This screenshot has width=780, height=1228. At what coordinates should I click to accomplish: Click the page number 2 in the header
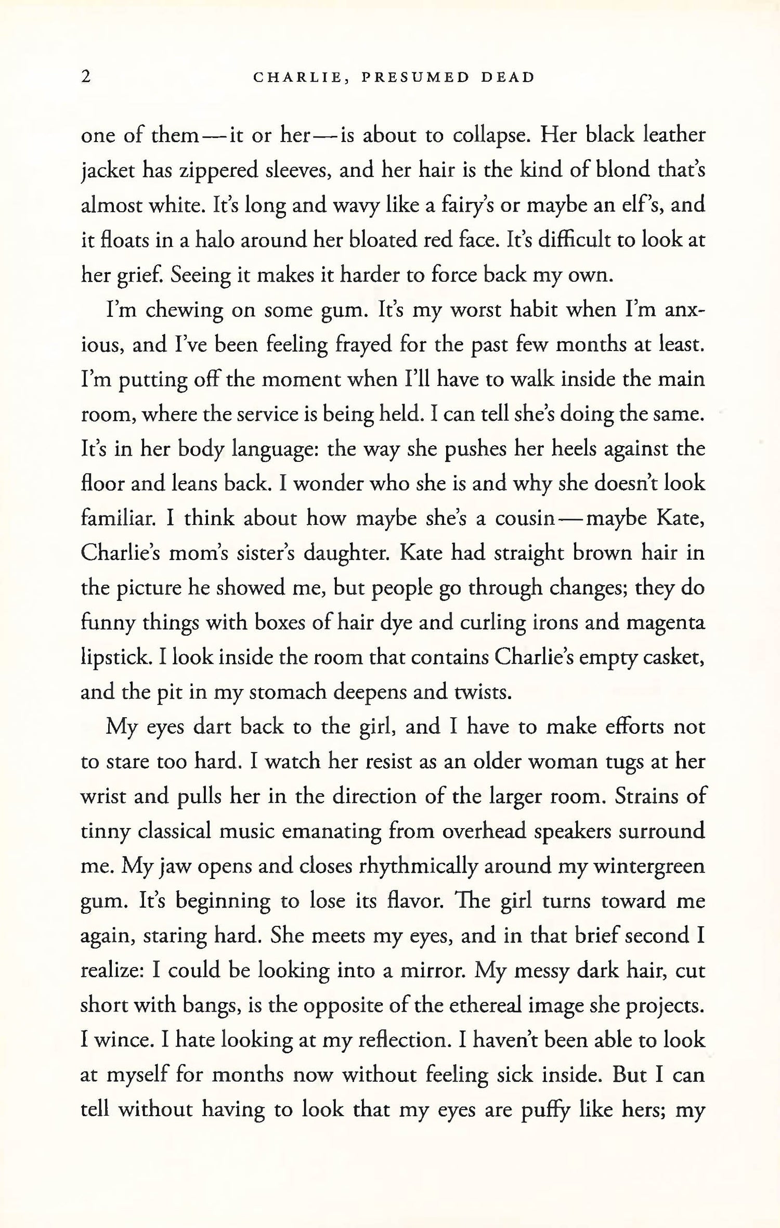click(86, 77)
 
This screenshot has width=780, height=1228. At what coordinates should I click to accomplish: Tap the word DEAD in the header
click(508, 77)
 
